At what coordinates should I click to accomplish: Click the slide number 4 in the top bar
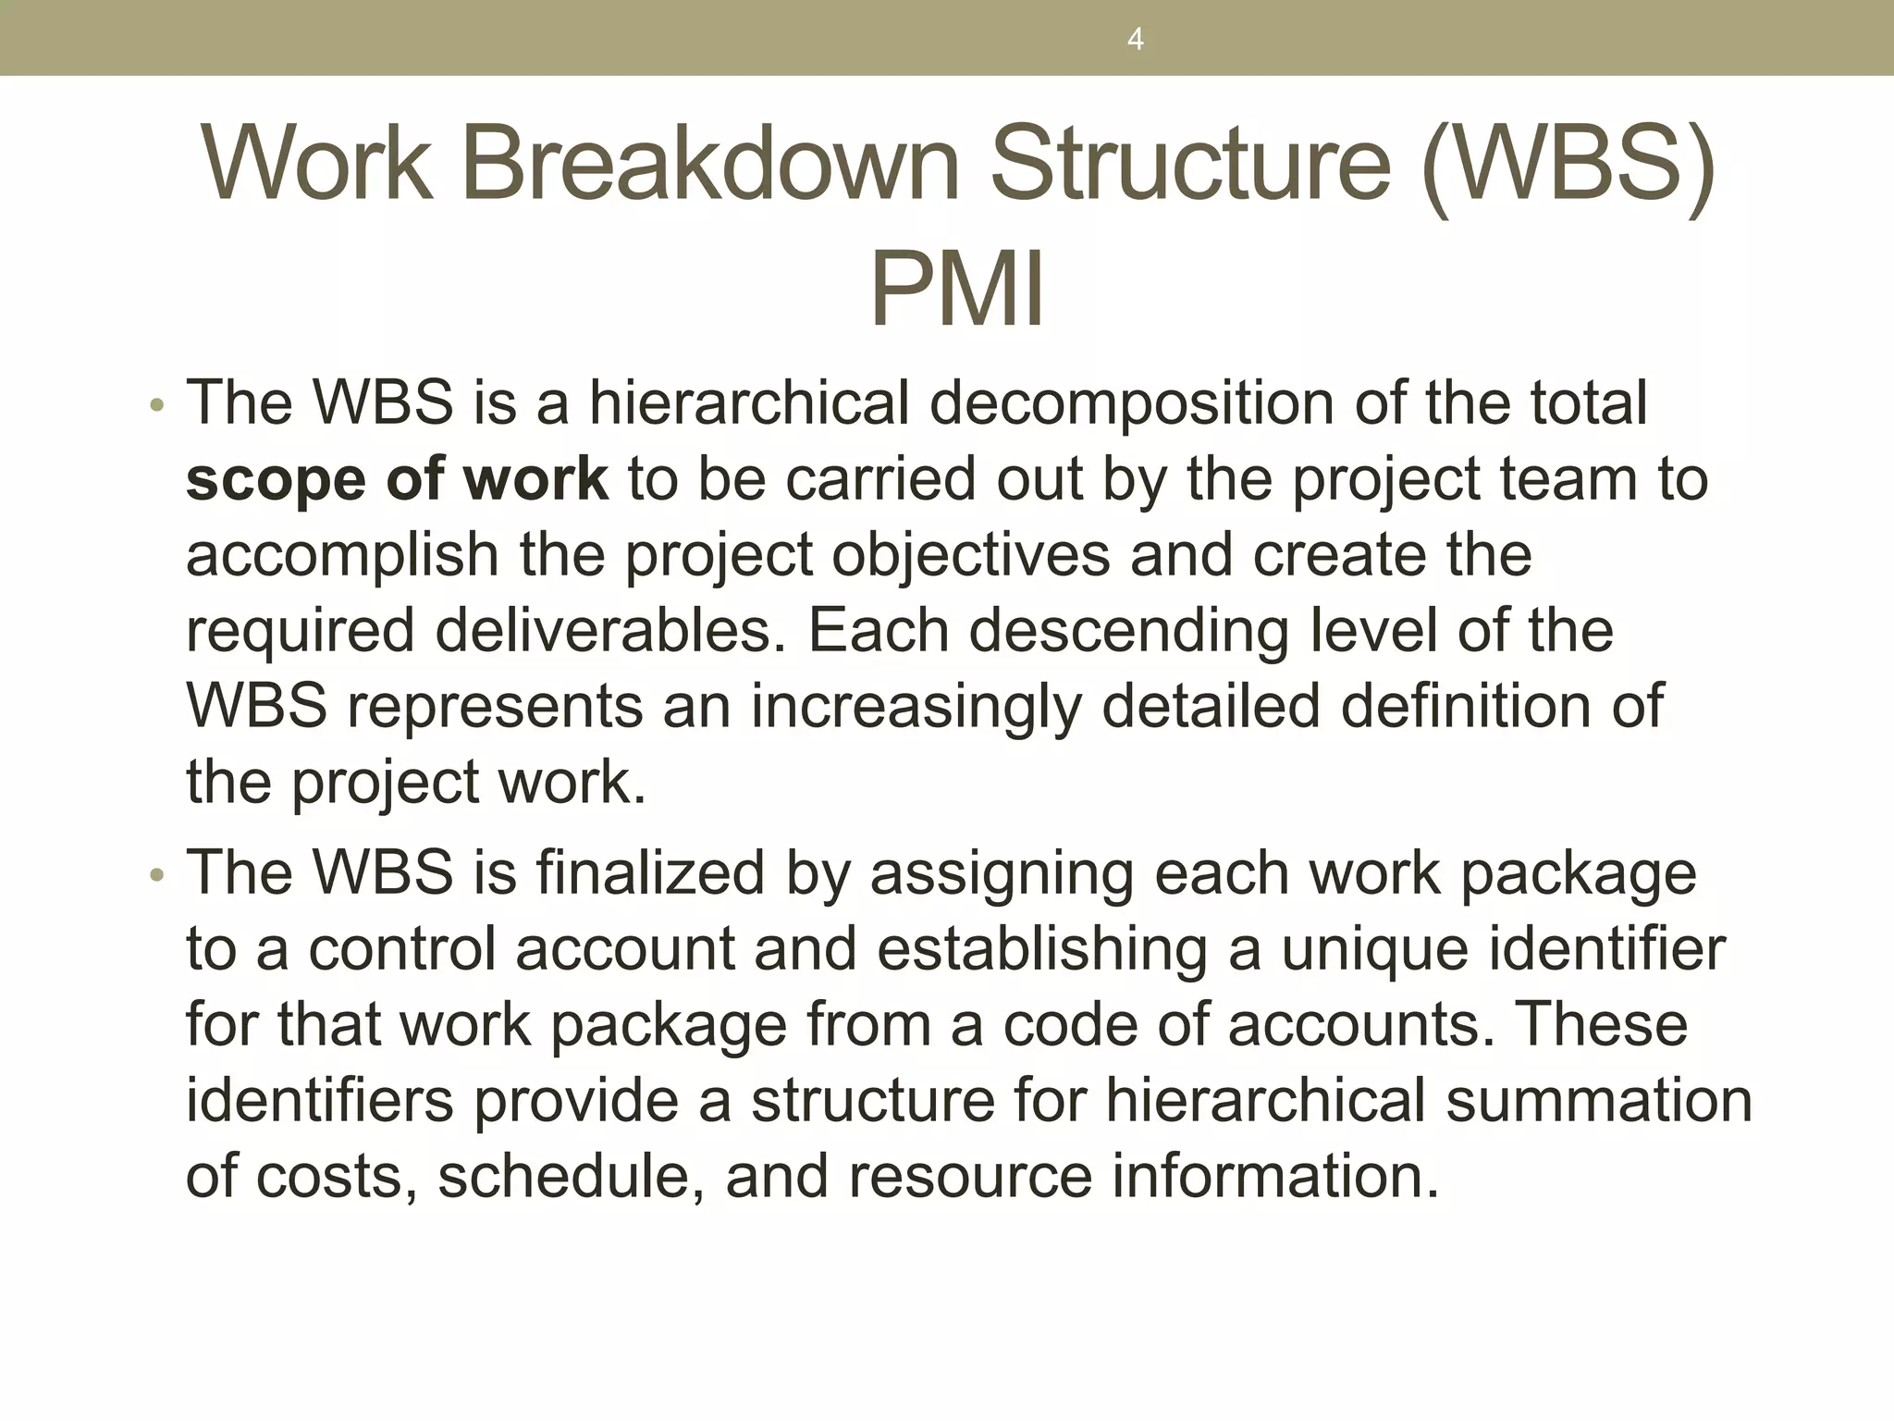pyautogui.click(x=1136, y=40)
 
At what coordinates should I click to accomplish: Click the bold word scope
pyautogui.click(x=276, y=480)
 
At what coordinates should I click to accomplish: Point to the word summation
pyautogui.click(x=1599, y=1101)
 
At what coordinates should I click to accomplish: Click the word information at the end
pyautogui.click(x=1275, y=1177)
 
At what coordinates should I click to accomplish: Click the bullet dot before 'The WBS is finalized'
pyautogui.click(x=157, y=875)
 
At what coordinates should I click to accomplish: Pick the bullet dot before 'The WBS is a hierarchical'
pyautogui.click(x=157, y=405)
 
